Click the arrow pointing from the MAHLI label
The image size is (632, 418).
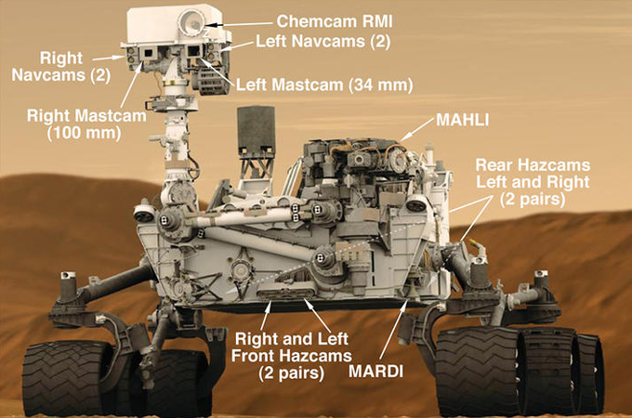(422, 133)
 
